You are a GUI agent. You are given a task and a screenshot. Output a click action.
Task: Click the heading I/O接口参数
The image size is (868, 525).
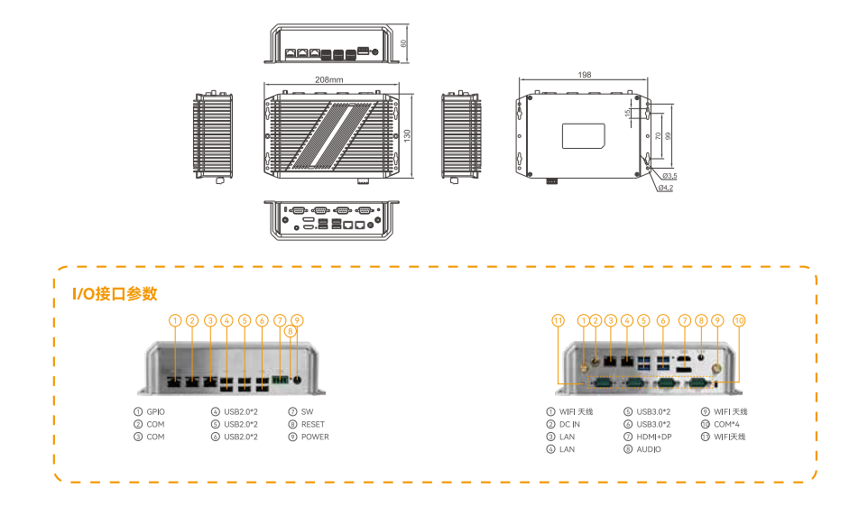click(115, 293)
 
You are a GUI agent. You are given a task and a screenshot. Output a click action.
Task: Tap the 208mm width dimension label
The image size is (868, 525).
click(328, 79)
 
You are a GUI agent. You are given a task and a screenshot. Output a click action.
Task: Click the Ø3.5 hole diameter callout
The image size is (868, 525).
click(669, 175)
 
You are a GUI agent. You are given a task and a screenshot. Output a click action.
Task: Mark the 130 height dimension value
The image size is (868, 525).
click(408, 134)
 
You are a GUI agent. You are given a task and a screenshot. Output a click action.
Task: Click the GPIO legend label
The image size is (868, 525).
click(155, 411)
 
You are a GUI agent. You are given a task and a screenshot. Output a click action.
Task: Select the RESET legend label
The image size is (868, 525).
click(312, 424)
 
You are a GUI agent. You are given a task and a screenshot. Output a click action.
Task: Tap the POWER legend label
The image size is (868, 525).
click(314, 437)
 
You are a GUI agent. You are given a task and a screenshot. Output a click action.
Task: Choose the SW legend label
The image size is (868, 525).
click(306, 411)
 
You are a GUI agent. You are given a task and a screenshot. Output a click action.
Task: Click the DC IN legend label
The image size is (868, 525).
click(569, 424)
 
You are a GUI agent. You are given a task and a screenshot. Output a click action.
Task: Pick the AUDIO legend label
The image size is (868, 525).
click(649, 449)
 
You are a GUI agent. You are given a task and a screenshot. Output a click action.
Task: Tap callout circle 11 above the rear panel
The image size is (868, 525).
click(558, 320)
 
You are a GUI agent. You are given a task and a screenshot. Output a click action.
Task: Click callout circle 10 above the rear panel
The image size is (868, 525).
click(739, 320)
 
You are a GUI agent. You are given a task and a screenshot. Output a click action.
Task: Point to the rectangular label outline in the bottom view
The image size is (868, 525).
click(584, 135)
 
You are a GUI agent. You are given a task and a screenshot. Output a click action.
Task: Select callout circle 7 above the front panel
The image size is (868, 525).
click(280, 320)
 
